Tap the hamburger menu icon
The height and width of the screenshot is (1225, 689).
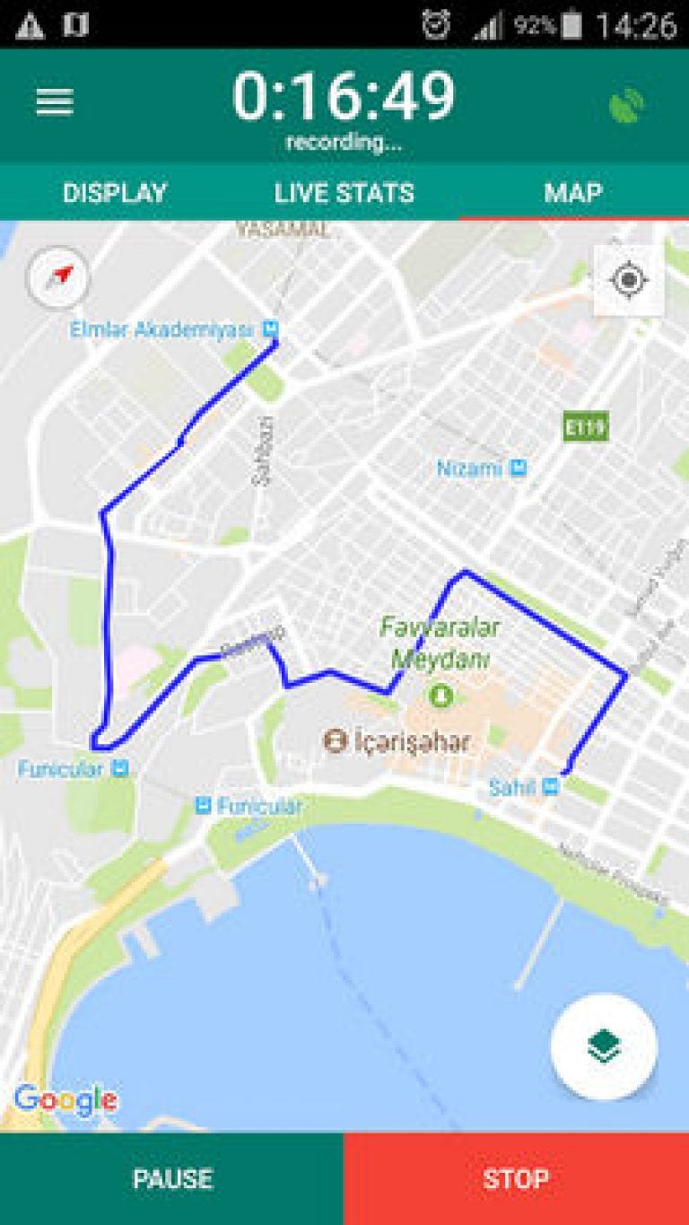click(x=55, y=102)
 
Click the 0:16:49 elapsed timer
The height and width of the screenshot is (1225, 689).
click(x=344, y=96)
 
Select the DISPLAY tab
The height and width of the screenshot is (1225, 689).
click(x=115, y=193)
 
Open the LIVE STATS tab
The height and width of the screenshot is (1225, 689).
click(x=344, y=193)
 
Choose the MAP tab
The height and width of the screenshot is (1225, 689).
click(x=573, y=193)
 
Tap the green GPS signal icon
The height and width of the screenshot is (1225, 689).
click(x=627, y=105)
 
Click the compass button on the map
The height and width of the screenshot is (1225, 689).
click(x=59, y=276)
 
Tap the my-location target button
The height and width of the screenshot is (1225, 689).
click(x=629, y=280)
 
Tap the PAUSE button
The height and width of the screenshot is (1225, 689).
click(x=172, y=1178)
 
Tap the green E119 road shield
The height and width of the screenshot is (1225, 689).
click(x=585, y=427)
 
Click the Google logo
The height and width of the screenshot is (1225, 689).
click(x=65, y=1099)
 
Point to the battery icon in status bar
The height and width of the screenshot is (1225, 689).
click(x=571, y=25)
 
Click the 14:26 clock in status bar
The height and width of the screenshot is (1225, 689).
click(x=635, y=25)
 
